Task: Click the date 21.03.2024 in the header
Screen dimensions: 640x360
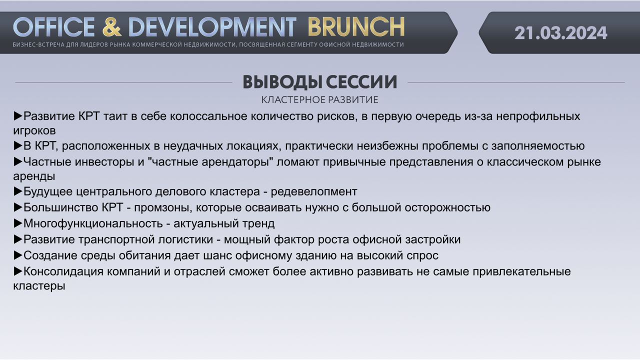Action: coord(560,33)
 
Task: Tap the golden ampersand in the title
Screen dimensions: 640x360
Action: coord(111,27)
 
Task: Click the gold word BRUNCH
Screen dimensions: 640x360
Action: coord(356,27)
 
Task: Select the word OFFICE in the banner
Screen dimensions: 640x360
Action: coord(53,27)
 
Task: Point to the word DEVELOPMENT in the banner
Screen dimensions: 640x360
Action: coord(212,27)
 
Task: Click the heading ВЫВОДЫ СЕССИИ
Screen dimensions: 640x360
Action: coord(320,82)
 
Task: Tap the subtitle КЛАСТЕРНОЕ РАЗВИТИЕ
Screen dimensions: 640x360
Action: coord(319,99)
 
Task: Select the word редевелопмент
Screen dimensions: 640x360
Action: coord(314,191)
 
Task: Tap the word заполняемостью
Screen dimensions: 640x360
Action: coord(538,146)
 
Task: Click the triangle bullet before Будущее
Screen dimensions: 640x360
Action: coord(18,191)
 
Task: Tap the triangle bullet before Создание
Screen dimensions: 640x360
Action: coord(18,255)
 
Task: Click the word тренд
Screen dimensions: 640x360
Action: coord(258,223)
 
